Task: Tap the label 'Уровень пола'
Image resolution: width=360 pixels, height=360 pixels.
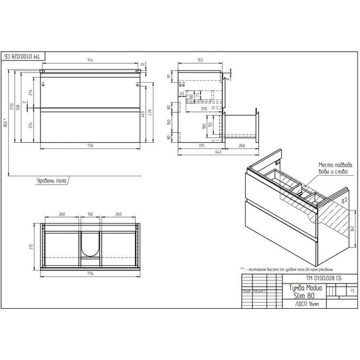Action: coord(50,181)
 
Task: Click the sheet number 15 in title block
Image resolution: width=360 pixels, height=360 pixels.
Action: coord(351,290)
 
